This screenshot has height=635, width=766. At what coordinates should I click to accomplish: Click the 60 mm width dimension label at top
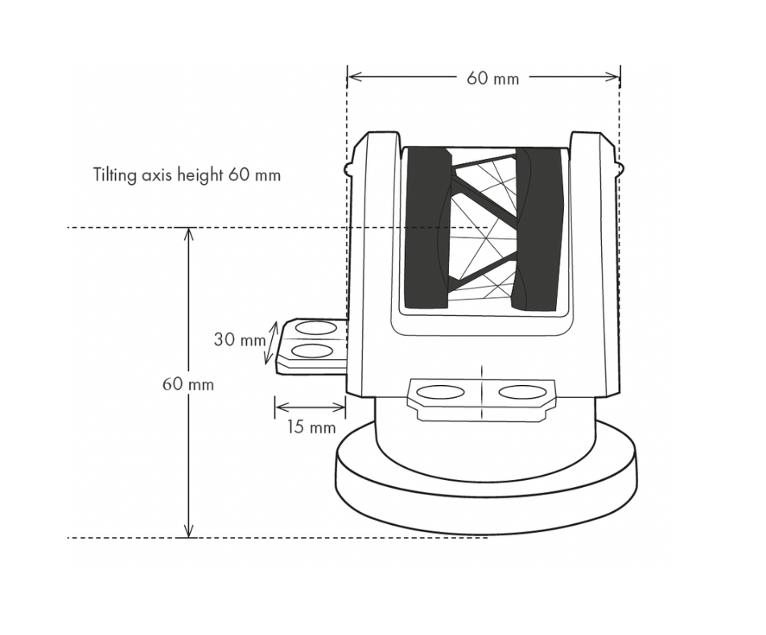pos(492,78)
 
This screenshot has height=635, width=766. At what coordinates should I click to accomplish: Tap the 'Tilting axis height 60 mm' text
pos(187,174)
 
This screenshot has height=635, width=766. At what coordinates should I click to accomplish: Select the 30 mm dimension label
pos(240,339)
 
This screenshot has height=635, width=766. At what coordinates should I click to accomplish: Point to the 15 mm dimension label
pos(311,428)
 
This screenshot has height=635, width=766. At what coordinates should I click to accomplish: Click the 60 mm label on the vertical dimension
pos(188,384)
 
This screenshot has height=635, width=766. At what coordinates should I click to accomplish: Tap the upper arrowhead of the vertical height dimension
pos(188,234)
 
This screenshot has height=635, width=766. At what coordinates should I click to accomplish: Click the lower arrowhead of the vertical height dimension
pos(188,531)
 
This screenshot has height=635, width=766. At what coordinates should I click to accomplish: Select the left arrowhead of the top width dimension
pos(354,76)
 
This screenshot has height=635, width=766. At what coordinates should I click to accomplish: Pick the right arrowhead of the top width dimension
pos(612,76)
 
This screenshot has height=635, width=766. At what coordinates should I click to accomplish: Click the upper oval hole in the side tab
pos(316,327)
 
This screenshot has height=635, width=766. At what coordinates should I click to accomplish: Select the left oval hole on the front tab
pos(441,392)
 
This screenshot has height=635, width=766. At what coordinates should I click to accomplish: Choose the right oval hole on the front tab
pos(522,392)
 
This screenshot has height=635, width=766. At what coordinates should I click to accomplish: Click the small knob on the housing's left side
pos(347,168)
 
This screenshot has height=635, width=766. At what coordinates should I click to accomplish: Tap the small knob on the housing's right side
pos(620,168)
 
